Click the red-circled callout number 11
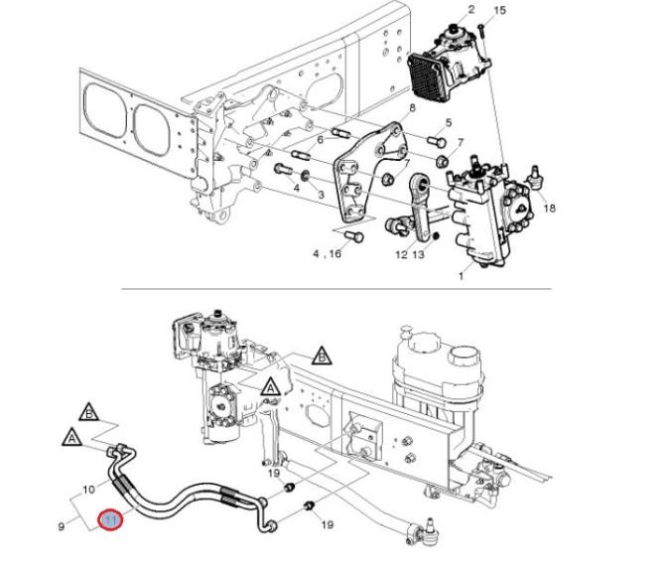110,519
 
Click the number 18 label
448,123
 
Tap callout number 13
418,255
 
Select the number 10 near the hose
88,490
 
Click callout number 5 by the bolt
448,123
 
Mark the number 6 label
321,139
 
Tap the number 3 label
321,196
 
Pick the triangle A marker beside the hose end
72,435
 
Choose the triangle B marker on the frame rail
321,355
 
